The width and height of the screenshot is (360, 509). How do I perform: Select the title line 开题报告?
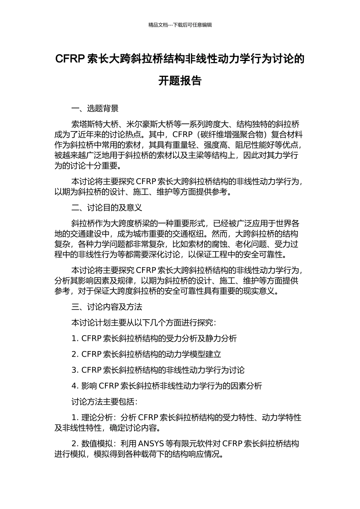click(x=180, y=81)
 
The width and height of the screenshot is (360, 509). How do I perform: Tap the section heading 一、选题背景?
click(x=95, y=109)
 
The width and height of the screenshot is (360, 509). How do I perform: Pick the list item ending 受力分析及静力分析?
click(x=154, y=339)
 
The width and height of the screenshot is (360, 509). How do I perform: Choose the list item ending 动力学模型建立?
click(x=146, y=354)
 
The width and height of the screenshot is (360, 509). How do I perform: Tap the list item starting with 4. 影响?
click(x=166, y=386)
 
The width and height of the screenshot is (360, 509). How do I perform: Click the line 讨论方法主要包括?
click(x=104, y=401)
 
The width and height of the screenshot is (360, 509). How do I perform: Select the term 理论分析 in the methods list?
click(x=97, y=418)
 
